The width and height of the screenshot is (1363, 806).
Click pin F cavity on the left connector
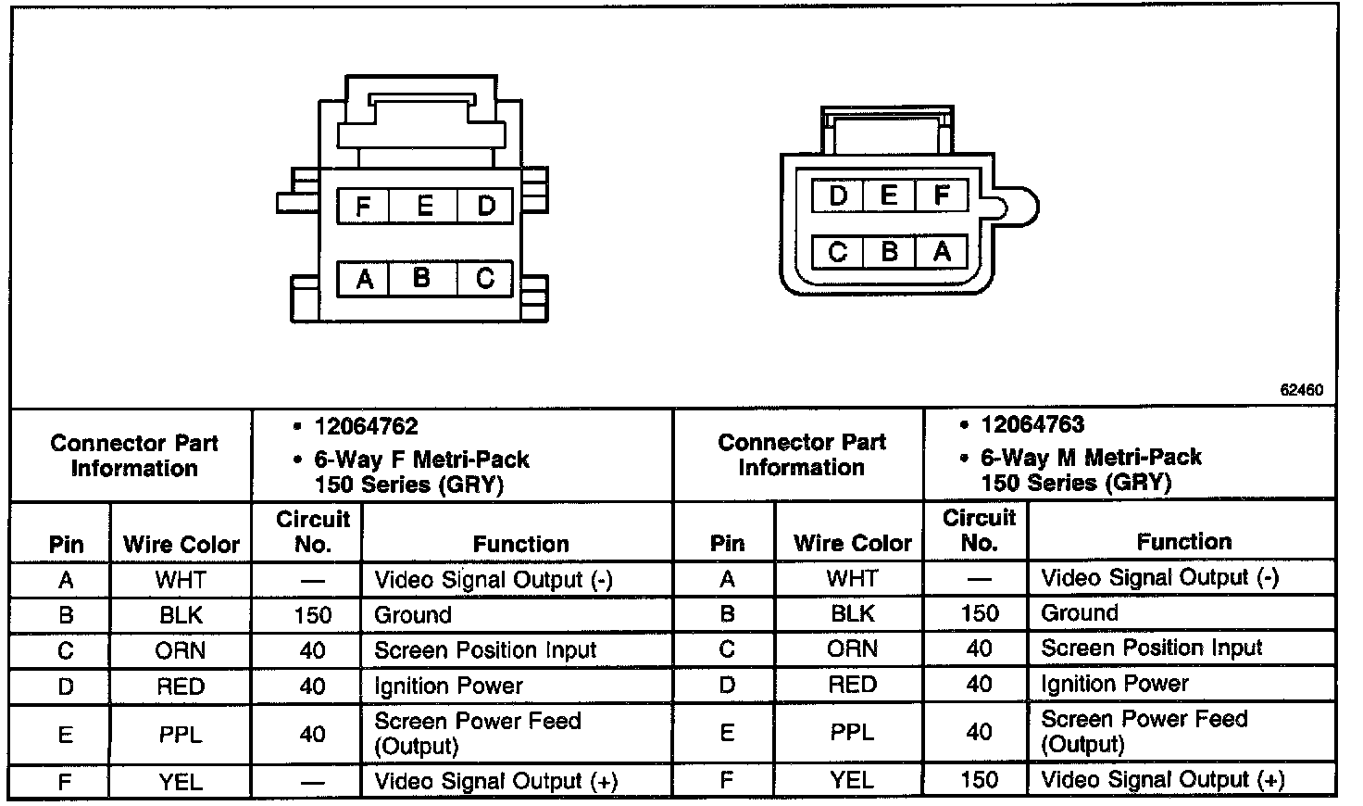(x=363, y=206)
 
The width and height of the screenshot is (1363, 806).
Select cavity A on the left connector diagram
(x=364, y=279)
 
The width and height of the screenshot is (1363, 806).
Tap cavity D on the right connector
(x=838, y=196)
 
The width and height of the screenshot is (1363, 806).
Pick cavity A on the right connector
(x=942, y=252)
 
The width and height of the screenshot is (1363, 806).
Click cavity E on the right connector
(x=889, y=196)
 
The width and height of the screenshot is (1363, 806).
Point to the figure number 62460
(x=1301, y=390)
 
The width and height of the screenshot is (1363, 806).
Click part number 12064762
(x=367, y=427)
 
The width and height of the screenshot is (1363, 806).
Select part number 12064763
(x=1032, y=425)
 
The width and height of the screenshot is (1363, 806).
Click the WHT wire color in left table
(x=181, y=581)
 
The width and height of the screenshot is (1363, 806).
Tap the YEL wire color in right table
(x=851, y=780)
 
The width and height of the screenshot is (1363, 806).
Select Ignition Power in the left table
(x=448, y=686)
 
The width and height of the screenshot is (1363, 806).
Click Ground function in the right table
(x=1080, y=613)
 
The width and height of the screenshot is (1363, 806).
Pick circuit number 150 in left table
(x=312, y=615)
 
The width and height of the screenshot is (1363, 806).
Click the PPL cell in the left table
(x=181, y=735)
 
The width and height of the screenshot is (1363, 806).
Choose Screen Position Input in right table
(x=1151, y=649)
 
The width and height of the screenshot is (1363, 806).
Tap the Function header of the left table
(x=520, y=544)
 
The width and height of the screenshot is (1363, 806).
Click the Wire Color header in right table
(x=852, y=543)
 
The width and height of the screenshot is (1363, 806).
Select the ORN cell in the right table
(x=851, y=649)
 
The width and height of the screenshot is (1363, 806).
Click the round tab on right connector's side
(x=1019, y=206)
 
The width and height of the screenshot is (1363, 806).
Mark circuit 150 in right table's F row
(x=979, y=780)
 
